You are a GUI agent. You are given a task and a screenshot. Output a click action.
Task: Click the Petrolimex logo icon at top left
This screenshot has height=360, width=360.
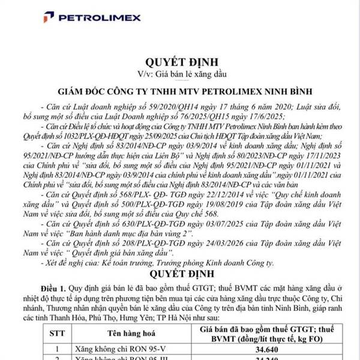(48, 16)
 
